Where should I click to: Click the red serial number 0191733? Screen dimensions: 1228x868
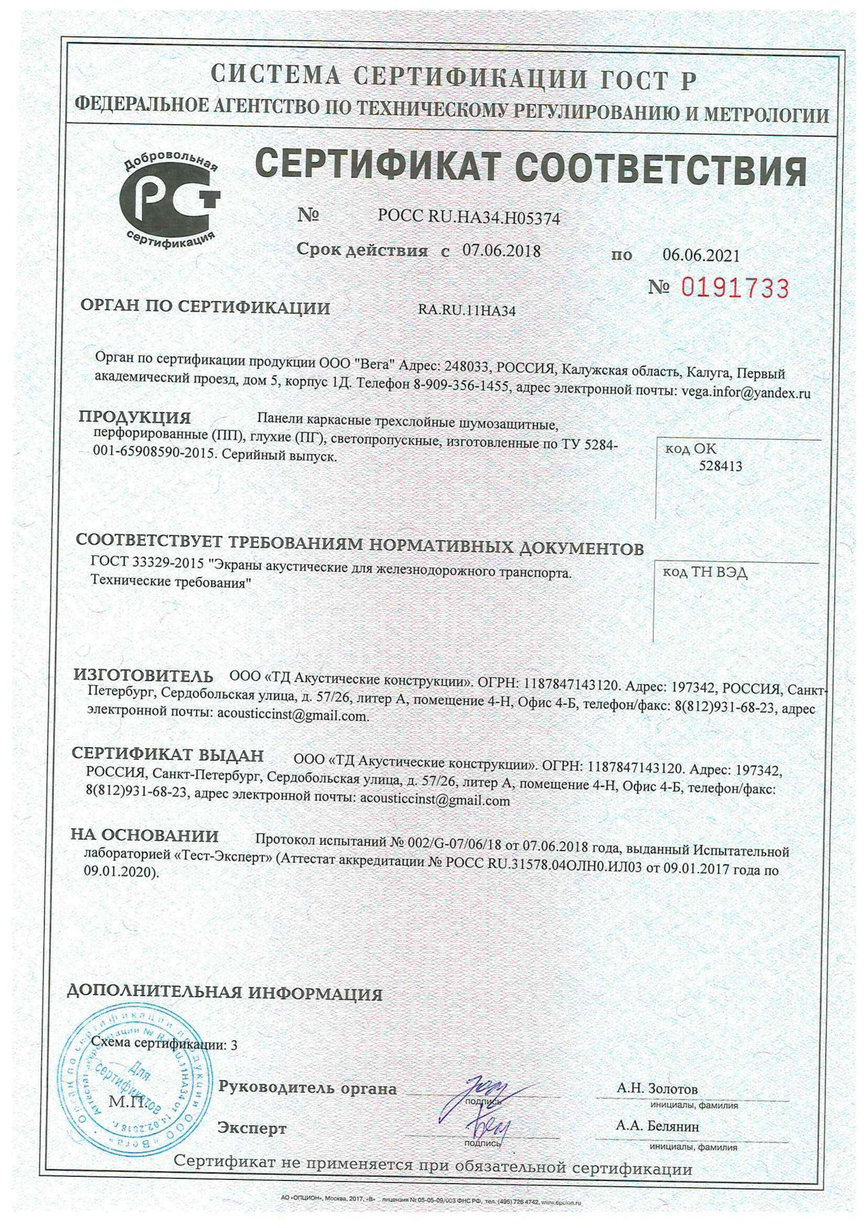coord(734,288)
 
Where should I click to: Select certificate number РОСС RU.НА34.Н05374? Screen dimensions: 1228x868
coord(468,217)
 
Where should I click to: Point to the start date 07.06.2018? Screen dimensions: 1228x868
coord(501,251)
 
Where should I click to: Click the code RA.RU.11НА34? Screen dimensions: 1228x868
coord(467,311)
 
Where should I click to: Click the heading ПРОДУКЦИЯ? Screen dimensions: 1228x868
coord(134,418)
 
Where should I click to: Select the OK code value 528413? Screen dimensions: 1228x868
coord(720,466)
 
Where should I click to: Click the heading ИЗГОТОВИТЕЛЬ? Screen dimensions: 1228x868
coord(143,675)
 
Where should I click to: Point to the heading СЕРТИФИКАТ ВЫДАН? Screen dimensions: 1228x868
coord(168,755)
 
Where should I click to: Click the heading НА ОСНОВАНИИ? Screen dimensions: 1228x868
coord(145,835)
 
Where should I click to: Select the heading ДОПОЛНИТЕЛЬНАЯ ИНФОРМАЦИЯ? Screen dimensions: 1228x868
coord(225,994)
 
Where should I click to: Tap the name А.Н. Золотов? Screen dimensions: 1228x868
coord(657,1088)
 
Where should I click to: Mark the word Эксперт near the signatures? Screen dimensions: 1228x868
coord(251,1128)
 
